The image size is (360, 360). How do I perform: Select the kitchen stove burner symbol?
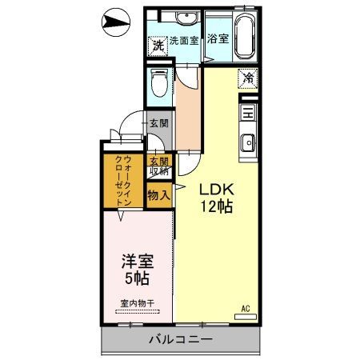pos(247,114)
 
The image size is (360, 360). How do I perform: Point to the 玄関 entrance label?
pos(158,124)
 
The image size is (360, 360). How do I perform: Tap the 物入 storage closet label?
pos(158,194)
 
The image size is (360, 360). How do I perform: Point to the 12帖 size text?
pos(216,206)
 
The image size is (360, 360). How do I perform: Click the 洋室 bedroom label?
pos(136,262)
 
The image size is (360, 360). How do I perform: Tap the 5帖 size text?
pos(136,280)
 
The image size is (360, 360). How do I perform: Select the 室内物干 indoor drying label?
pos(137,303)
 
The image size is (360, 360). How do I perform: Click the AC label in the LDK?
pos(246,308)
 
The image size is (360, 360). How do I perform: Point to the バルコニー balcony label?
pos(180,340)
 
